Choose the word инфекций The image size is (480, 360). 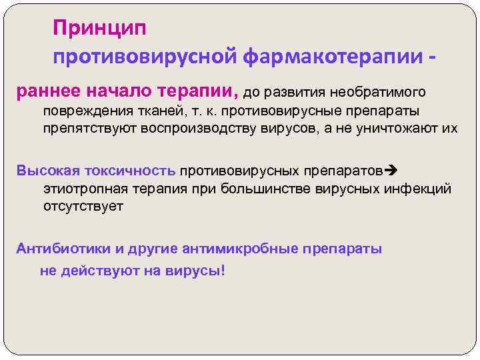pos(418,189)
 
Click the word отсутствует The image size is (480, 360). pos(83,207)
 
